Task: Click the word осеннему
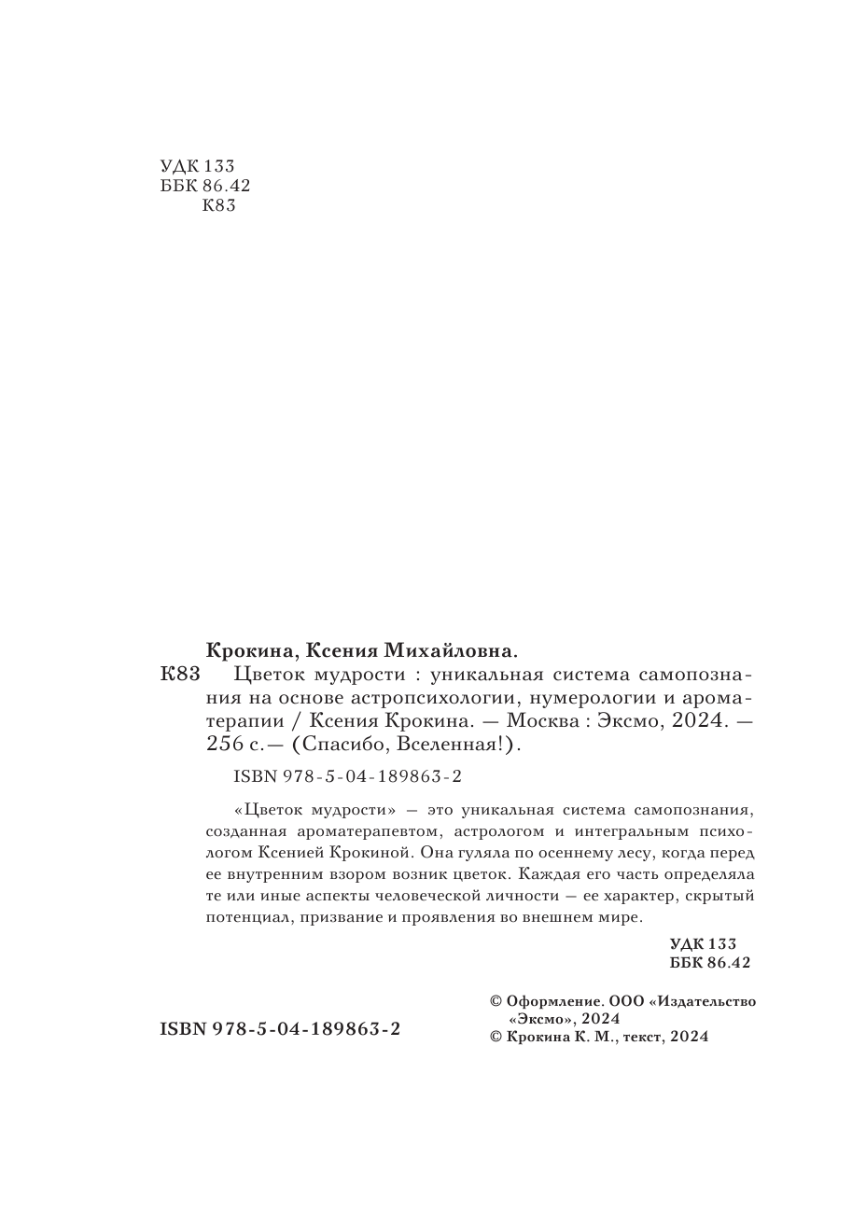coord(581,852)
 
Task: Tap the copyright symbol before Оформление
coord(496,1001)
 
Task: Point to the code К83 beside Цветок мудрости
coord(180,674)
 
